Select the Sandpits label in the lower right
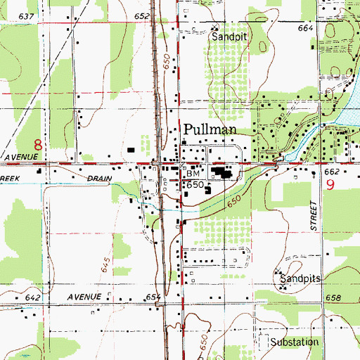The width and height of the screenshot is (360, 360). pos(300,279)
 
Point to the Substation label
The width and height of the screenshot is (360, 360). pos(295,342)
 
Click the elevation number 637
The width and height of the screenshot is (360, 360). pos(27,15)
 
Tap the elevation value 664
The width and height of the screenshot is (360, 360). pos(304,27)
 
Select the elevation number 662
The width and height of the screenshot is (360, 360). pos(332,171)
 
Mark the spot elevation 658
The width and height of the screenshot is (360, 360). pos(333,298)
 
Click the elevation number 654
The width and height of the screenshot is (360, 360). pos(154,298)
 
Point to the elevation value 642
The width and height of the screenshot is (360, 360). pos(32,297)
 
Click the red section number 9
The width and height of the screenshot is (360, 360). pos(330,185)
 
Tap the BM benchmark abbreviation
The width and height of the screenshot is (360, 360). pos(193,172)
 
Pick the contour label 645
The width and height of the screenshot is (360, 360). pos(105,264)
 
